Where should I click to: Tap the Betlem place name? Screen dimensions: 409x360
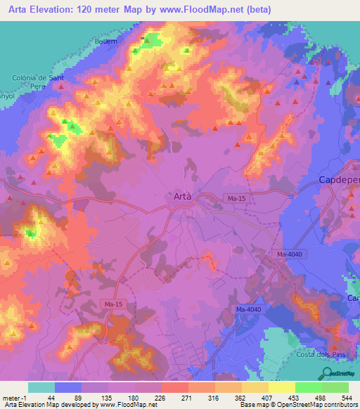[x=105, y=41]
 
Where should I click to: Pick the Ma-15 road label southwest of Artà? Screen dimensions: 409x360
[x=111, y=304]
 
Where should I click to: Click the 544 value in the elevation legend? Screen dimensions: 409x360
[x=347, y=397]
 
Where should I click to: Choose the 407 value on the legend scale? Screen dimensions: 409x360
[x=267, y=397]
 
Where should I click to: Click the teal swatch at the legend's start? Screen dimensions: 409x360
[x=41, y=387]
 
